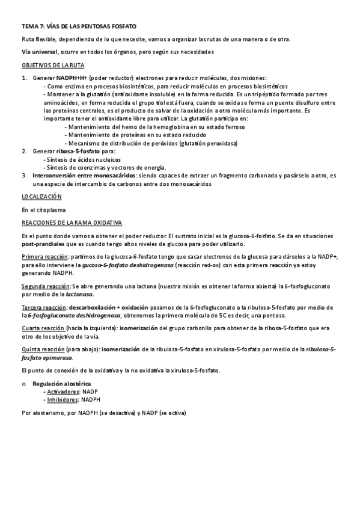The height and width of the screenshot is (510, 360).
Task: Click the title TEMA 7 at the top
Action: pos(79,27)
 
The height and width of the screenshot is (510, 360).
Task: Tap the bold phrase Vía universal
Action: pos(40,52)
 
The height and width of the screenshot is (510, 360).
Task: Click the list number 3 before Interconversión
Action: pos(24,176)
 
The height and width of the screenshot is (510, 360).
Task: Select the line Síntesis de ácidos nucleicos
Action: pos(82,159)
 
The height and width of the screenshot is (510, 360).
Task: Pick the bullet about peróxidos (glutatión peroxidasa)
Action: pos(153,143)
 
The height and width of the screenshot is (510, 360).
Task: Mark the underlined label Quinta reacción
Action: pos(43,349)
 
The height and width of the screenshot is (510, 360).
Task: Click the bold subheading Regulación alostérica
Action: pos(62,383)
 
